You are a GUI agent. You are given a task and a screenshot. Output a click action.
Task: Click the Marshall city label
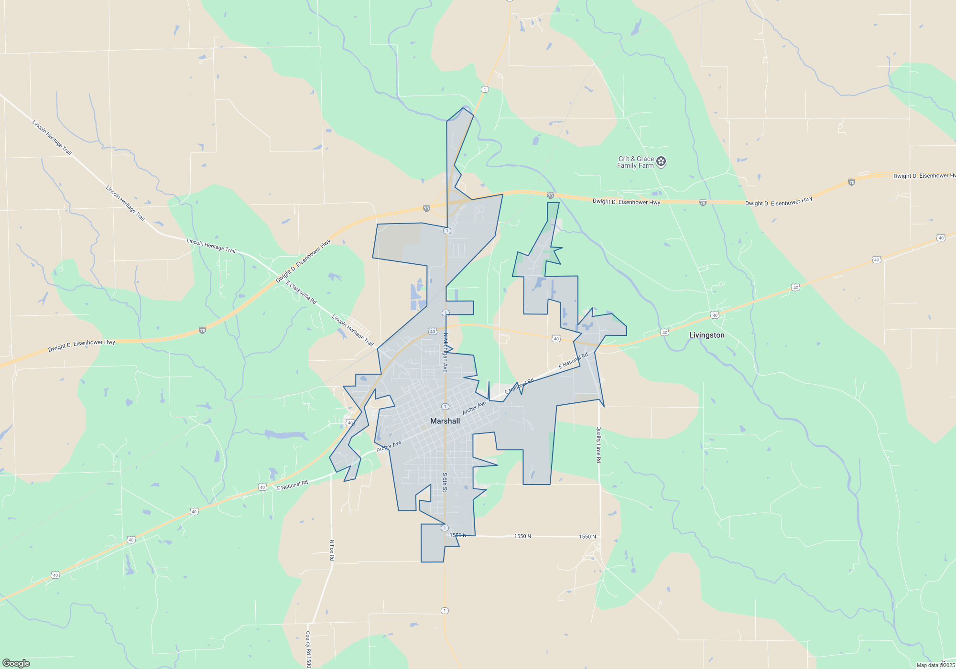(445, 421)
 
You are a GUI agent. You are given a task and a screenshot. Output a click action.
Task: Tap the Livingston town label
(706, 335)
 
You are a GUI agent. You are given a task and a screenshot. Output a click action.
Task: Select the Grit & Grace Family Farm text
(636, 162)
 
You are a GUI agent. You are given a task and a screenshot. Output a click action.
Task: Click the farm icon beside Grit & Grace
(661, 162)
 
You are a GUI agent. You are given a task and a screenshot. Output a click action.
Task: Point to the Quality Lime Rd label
(598, 444)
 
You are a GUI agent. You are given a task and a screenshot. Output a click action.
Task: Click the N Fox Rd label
(332, 550)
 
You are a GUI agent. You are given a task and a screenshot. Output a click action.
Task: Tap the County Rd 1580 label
(308, 649)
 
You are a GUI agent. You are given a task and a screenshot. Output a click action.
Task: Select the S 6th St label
(445, 482)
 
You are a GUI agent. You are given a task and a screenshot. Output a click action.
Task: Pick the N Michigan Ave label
(445, 353)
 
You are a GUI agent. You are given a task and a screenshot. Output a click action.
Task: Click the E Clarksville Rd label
(301, 292)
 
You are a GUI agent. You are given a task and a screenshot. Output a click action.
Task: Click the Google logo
(16, 663)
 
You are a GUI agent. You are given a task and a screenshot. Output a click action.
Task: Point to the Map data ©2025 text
(935, 665)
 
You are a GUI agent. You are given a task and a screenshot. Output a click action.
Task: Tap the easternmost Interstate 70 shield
(851, 182)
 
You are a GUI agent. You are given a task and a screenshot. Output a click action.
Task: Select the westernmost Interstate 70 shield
(202, 330)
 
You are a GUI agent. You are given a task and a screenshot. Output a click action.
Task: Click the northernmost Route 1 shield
(485, 89)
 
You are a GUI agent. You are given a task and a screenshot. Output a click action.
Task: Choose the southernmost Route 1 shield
(445, 611)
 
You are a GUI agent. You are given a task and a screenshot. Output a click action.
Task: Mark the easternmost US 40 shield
(941, 237)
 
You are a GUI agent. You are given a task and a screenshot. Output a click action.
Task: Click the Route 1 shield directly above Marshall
(445, 407)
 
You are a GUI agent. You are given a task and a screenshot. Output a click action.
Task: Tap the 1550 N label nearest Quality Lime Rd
(587, 537)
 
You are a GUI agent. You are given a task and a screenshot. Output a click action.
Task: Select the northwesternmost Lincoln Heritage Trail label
(52, 138)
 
